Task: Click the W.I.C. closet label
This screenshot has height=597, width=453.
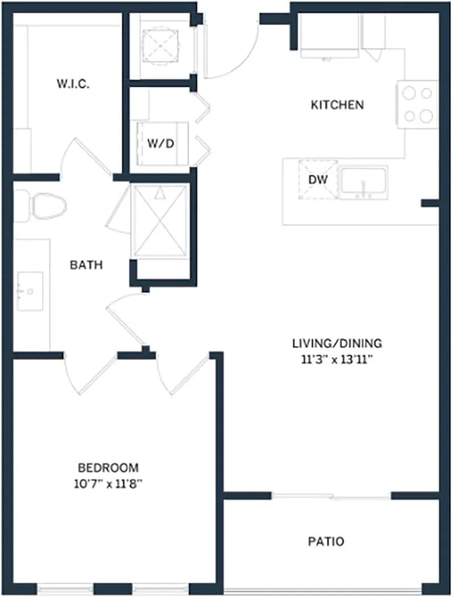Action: pos(73,84)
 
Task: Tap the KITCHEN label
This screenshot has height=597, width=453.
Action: pos(337,105)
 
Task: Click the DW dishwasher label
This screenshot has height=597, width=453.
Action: pos(318,180)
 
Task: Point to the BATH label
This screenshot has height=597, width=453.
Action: pos(86,265)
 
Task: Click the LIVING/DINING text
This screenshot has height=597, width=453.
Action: pos(337,344)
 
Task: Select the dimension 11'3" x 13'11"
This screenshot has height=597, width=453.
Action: pos(337,360)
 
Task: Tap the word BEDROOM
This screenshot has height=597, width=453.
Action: pos(108,467)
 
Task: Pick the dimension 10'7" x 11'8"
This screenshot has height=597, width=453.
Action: pos(108,484)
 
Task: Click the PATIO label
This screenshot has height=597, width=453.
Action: pos(326,541)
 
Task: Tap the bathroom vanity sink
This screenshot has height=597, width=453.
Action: pos(30,291)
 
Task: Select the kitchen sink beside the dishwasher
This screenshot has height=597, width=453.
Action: pos(364,182)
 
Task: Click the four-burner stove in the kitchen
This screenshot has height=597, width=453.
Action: pos(418,104)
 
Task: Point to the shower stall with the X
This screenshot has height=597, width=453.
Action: pos(160,220)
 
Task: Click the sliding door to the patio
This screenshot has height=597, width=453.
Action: pos(332,496)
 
